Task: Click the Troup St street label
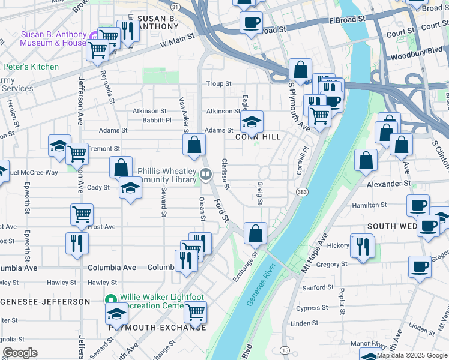(x=218, y=84)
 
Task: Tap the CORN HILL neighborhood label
(x=258, y=137)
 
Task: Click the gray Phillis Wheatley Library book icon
(x=206, y=175)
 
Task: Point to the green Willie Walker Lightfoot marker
(x=110, y=299)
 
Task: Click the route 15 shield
(x=285, y=350)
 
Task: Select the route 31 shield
(x=173, y=7)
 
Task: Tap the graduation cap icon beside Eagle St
(x=252, y=121)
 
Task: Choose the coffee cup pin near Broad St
(x=251, y=22)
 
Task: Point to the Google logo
(x=20, y=353)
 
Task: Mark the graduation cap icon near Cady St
(x=130, y=188)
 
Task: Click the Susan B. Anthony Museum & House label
(x=53, y=38)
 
